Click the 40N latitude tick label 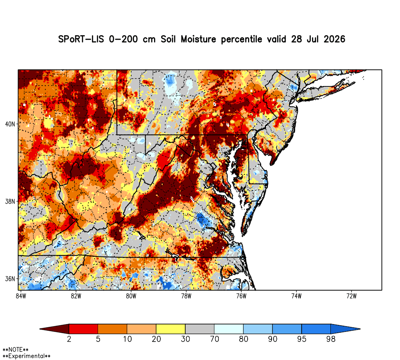point(10,124)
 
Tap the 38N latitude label point(10,202)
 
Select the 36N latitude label point(10,279)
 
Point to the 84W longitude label point(21,296)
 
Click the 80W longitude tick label point(131,296)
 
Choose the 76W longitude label point(241,296)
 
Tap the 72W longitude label point(352,296)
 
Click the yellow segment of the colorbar point(171,329)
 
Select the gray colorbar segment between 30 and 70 point(200,329)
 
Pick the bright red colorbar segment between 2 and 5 point(84,329)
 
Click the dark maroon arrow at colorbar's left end point(54,329)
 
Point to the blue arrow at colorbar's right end point(346,329)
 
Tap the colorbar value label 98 point(331,339)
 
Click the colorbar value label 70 point(214,339)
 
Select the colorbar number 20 point(156,339)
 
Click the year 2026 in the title point(334,39)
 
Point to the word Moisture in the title point(198,39)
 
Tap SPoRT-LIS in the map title point(81,39)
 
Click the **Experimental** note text point(26,356)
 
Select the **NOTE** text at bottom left point(16,350)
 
